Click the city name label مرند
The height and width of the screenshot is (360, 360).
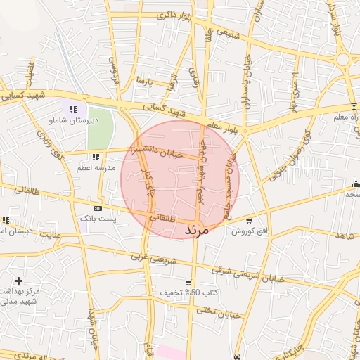tap(196, 230)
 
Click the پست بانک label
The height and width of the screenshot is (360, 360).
tap(98, 219)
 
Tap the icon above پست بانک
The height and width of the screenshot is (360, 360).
tap(98, 208)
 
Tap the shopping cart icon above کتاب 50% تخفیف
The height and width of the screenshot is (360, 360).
tap(188, 281)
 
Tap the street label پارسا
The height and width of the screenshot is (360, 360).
tap(144, 79)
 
